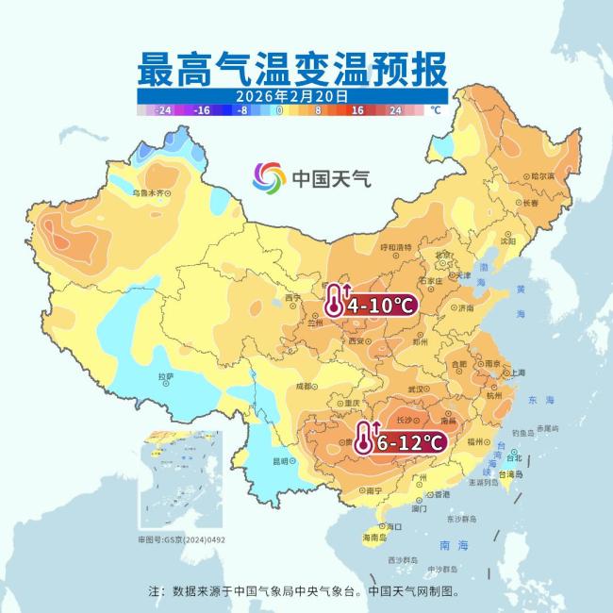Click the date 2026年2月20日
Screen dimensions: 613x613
coord(291,96)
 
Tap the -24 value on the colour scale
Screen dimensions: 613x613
coord(163,110)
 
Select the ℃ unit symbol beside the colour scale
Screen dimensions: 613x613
coord(435,110)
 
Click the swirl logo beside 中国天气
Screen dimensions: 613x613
coord(269,176)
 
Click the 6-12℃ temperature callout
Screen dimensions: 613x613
coord(409,440)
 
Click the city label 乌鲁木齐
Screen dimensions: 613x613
coord(148,192)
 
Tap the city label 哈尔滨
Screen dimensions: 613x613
coord(541,175)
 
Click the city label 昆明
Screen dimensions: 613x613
coord(280,461)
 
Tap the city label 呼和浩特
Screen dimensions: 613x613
coord(395,247)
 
